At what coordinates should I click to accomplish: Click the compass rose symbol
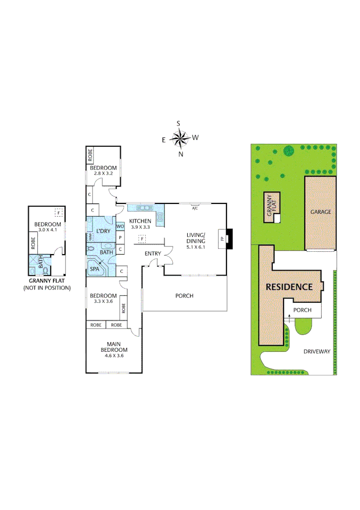click(x=179, y=138)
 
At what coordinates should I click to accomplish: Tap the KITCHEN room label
click(x=140, y=221)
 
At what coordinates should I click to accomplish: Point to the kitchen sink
click(x=142, y=207)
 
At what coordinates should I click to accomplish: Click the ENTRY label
click(x=153, y=254)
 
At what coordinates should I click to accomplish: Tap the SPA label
click(x=94, y=269)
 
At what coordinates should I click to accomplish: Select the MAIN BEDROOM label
click(x=113, y=347)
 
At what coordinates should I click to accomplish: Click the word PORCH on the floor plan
click(x=184, y=296)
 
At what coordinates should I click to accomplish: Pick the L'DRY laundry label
click(x=102, y=230)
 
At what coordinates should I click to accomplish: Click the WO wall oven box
click(x=120, y=227)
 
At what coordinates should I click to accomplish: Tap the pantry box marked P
click(x=120, y=238)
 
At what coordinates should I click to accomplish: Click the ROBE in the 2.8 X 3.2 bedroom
click(x=90, y=154)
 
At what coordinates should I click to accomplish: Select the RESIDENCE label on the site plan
click(x=289, y=287)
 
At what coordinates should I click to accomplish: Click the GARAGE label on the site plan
click(x=320, y=212)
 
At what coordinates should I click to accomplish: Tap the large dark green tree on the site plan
click(x=288, y=151)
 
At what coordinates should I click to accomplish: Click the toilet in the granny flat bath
click(x=46, y=271)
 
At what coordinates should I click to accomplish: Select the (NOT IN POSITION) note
click(x=47, y=288)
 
